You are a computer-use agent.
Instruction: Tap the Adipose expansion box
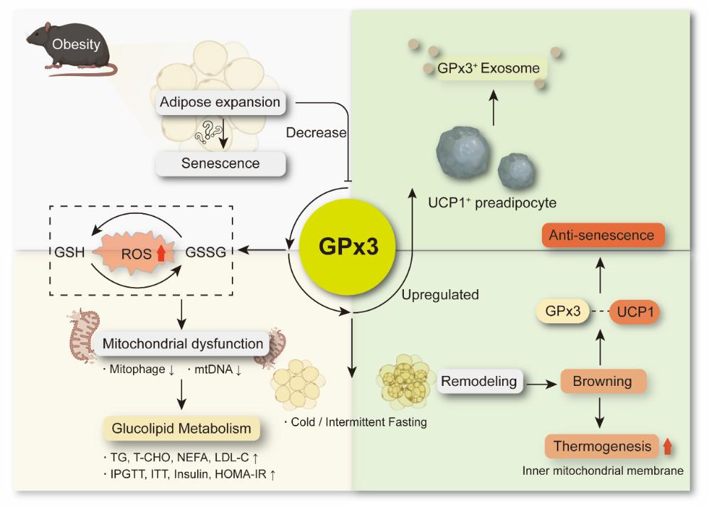point(220,102)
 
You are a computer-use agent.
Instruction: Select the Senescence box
point(220,163)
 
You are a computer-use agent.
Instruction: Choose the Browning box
point(602,381)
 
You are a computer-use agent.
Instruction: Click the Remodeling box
point(479,381)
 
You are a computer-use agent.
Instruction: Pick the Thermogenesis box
point(602,446)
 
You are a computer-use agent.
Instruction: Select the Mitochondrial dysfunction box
point(183,344)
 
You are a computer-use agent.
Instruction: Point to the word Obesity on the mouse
point(76,45)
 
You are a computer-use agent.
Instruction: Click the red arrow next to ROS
point(161,252)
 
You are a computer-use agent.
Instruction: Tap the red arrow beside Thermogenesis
point(667,446)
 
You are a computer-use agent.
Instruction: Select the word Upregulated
point(440,294)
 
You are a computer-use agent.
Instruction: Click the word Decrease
point(316,133)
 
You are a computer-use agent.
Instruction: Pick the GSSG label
point(206,251)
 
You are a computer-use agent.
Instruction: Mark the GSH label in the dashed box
point(69,251)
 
